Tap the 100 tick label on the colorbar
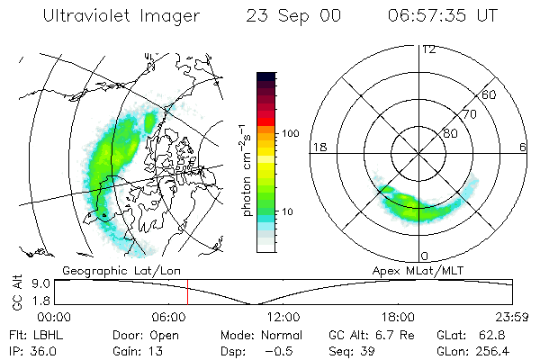[x=291, y=133]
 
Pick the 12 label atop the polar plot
[x=428, y=49]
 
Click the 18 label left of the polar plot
[x=318, y=147]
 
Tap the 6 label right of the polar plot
[x=524, y=147]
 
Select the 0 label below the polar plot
[x=425, y=256]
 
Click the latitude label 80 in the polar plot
[x=451, y=133]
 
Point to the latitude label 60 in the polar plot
[x=490, y=94]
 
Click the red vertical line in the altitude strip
[x=187, y=292]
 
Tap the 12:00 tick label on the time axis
[x=283, y=317]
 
